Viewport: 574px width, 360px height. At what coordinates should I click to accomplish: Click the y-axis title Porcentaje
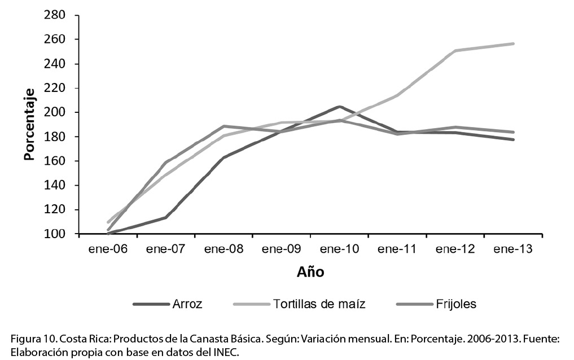pyautogui.click(x=29, y=124)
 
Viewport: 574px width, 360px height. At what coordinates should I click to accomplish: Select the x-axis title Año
pyautogui.click(x=310, y=273)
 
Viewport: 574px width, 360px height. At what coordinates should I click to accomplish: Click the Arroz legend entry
pyautogui.click(x=186, y=304)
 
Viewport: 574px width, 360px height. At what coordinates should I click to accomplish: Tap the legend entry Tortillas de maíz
pyautogui.click(x=319, y=304)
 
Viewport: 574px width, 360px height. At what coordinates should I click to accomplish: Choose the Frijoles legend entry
pyautogui.click(x=455, y=304)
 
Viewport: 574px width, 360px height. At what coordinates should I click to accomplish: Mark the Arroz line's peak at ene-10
pyautogui.click(x=339, y=106)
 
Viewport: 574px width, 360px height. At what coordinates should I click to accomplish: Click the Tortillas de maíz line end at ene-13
pyautogui.click(x=513, y=43)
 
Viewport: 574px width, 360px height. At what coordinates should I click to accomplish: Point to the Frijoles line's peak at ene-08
pyautogui.click(x=224, y=126)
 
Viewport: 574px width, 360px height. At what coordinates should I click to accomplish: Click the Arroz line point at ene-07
pyautogui.click(x=166, y=217)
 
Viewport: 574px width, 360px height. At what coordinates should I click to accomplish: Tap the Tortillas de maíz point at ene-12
pyautogui.click(x=455, y=51)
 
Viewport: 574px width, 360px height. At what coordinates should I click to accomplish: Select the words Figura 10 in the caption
pyautogui.click(x=28, y=339)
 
